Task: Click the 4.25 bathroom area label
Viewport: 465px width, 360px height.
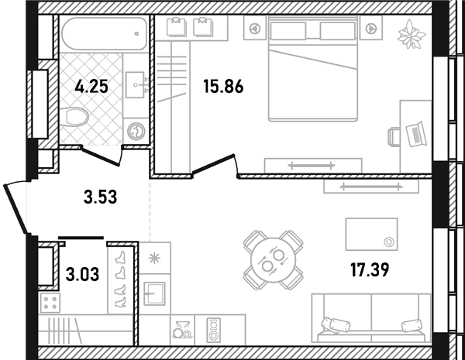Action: click(x=91, y=87)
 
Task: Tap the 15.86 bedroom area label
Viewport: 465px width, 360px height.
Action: click(x=223, y=87)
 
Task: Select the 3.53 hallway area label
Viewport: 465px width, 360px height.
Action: click(x=100, y=197)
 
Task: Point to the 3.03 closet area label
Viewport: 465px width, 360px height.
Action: click(x=82, y=274)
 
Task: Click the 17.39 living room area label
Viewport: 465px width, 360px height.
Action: click(x=370, y=270)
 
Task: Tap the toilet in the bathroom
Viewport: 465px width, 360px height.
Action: click(x=74, y=117)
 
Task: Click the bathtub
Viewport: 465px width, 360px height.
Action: click(x=105, y=34)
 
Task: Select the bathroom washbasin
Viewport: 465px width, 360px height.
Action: click(x=135, y=84)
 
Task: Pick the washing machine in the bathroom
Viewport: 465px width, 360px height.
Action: click(x=136, y=131)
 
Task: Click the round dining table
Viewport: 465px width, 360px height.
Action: click(x=274, y=260)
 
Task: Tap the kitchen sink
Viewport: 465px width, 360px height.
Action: click(x=154, y=293)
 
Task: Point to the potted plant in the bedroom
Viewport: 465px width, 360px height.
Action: click(x=412, y=34)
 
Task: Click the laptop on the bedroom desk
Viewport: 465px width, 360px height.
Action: click(x=416, y=134)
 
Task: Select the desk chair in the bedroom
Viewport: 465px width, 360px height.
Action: click(x=394, y=136)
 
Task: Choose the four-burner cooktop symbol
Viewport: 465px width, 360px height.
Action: click(x=50, y=303)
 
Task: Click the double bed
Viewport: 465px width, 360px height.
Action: click(x=313, y=68)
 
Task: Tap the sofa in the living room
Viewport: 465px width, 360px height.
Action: click(x=371, y=318)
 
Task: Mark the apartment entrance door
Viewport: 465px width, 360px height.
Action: click(x=16, y=208)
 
